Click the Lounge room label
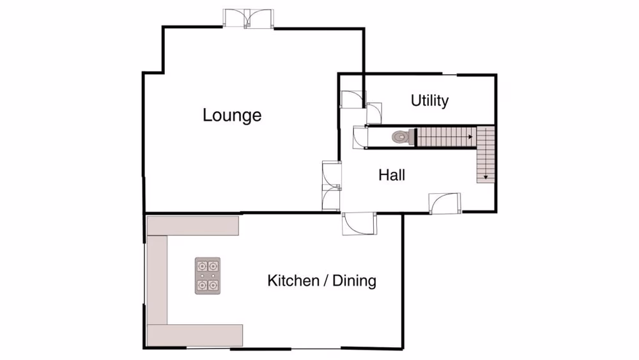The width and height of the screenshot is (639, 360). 232,115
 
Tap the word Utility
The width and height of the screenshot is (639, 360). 429,100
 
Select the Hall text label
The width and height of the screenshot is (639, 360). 392,175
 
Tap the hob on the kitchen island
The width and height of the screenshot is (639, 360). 208,276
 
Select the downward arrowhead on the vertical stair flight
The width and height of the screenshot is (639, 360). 486,177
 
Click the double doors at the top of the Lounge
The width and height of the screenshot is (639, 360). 247,19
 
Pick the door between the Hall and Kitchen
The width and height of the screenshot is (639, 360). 359,224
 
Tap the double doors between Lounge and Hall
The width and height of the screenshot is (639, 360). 332,185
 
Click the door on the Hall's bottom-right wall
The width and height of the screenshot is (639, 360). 445,203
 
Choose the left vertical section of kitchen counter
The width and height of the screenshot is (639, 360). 157,279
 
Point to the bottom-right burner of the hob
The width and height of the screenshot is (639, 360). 213,285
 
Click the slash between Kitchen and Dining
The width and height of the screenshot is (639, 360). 325,280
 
